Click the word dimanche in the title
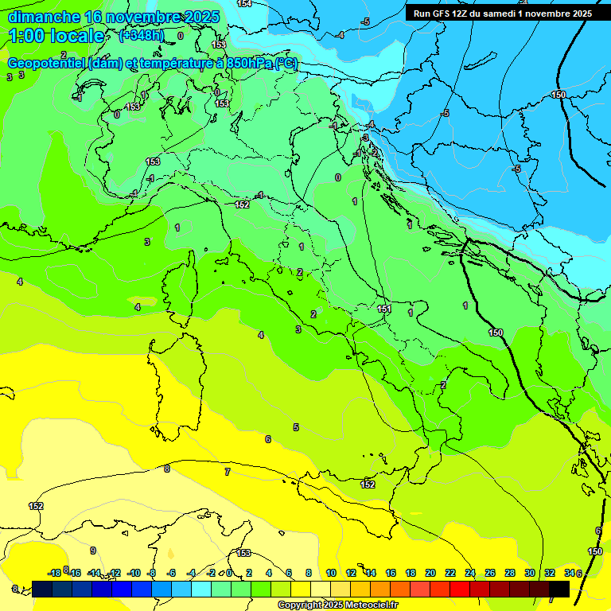(x=44, y=17)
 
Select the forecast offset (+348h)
(x=141, y=36)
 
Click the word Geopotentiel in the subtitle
(x=44, y=64)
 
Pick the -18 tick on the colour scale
(x=55, y=573)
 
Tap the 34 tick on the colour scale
(x=570, y=573)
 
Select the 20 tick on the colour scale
(x=430, y=573)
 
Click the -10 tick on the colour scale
(x=134, y=573)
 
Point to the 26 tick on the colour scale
(x=490, y=573)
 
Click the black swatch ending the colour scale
(x=559, y=589)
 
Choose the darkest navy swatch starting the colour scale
(x=42, y=589)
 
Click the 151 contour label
(x=385, y=309)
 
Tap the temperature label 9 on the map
(x=93, y=551)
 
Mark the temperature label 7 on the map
(x=228, y=472)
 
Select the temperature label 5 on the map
(x=296, y=427)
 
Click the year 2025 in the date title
(x=202, y=17)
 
